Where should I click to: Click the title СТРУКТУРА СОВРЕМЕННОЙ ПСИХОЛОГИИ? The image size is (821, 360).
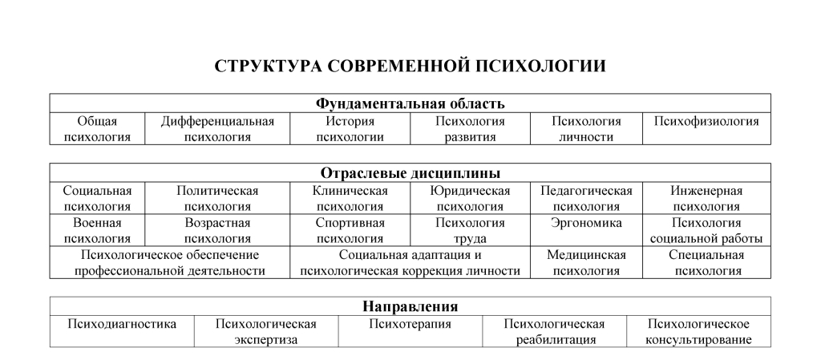point(410,67)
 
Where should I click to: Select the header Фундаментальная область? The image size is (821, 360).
point(410,103)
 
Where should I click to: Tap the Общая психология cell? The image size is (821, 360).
point(97,129)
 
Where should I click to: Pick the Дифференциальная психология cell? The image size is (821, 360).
point(217,129)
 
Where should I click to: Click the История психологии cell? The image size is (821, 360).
point(350,129)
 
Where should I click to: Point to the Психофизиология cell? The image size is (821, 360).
point(706,122)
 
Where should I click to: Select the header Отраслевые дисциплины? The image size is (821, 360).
point(410,173)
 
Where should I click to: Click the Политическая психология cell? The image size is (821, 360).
point(217,199)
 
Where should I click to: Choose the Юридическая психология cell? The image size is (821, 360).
point(470,199)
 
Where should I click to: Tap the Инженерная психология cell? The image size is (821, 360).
point(706,199)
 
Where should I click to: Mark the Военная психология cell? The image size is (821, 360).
point(97,231)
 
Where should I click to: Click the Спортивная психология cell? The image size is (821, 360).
point(350,231)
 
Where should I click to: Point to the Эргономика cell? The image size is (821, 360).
point(586,224)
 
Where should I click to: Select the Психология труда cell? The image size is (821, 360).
point(470,231)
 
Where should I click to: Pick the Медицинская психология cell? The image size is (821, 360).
point(586,263)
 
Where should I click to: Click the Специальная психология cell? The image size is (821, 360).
point(706,263)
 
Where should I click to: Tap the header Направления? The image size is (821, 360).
point(410,306)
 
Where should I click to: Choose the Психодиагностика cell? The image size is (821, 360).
point(121,325)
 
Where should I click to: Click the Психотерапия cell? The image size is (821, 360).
point(410,325)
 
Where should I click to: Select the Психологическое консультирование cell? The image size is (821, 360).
point(698,332)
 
